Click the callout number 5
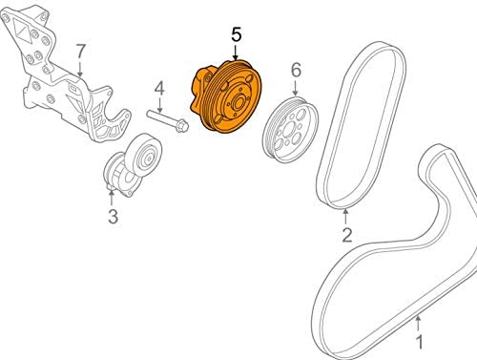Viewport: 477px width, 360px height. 237,35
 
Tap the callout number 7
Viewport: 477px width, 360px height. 81,52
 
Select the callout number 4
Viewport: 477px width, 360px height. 159,89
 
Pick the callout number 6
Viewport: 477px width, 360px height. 296,70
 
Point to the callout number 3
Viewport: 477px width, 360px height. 113,217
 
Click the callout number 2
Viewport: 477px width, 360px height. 347,235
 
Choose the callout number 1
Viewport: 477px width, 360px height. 420,342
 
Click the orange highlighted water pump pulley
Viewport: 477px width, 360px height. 227,96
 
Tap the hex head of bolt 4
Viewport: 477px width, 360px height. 181,125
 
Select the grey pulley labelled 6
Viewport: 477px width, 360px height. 290,130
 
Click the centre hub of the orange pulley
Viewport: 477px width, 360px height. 238,103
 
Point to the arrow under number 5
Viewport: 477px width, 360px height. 236,53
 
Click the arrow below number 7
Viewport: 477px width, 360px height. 80,69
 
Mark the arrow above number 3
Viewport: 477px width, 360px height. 112,197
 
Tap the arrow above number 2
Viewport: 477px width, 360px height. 345,216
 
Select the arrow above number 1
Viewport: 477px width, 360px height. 419,323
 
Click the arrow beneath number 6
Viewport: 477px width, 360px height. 296,88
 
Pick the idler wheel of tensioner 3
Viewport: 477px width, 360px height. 144,156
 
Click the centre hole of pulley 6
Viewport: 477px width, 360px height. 290,130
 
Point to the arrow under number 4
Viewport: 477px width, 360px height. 159,104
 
